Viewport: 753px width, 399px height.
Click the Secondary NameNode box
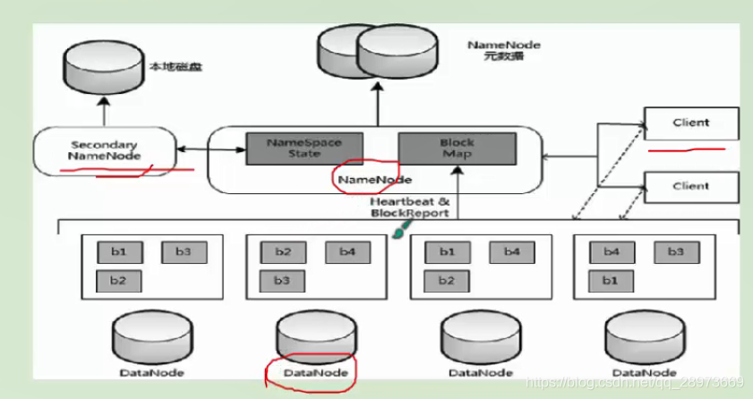tap(105, 150)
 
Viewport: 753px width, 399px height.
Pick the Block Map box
tap(457, 148)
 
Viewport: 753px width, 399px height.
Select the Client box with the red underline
tap(690, 123)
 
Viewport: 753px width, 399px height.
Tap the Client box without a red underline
tap(690, 187)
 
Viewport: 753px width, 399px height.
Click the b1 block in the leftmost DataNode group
tap(119, 252)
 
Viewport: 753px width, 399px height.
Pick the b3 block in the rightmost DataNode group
tap(676, 252)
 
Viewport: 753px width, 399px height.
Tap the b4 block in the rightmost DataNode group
tap(612, 252)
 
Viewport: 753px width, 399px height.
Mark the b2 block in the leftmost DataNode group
tap(119, 280)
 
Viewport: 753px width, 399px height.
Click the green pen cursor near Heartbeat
tap(398, 231)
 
